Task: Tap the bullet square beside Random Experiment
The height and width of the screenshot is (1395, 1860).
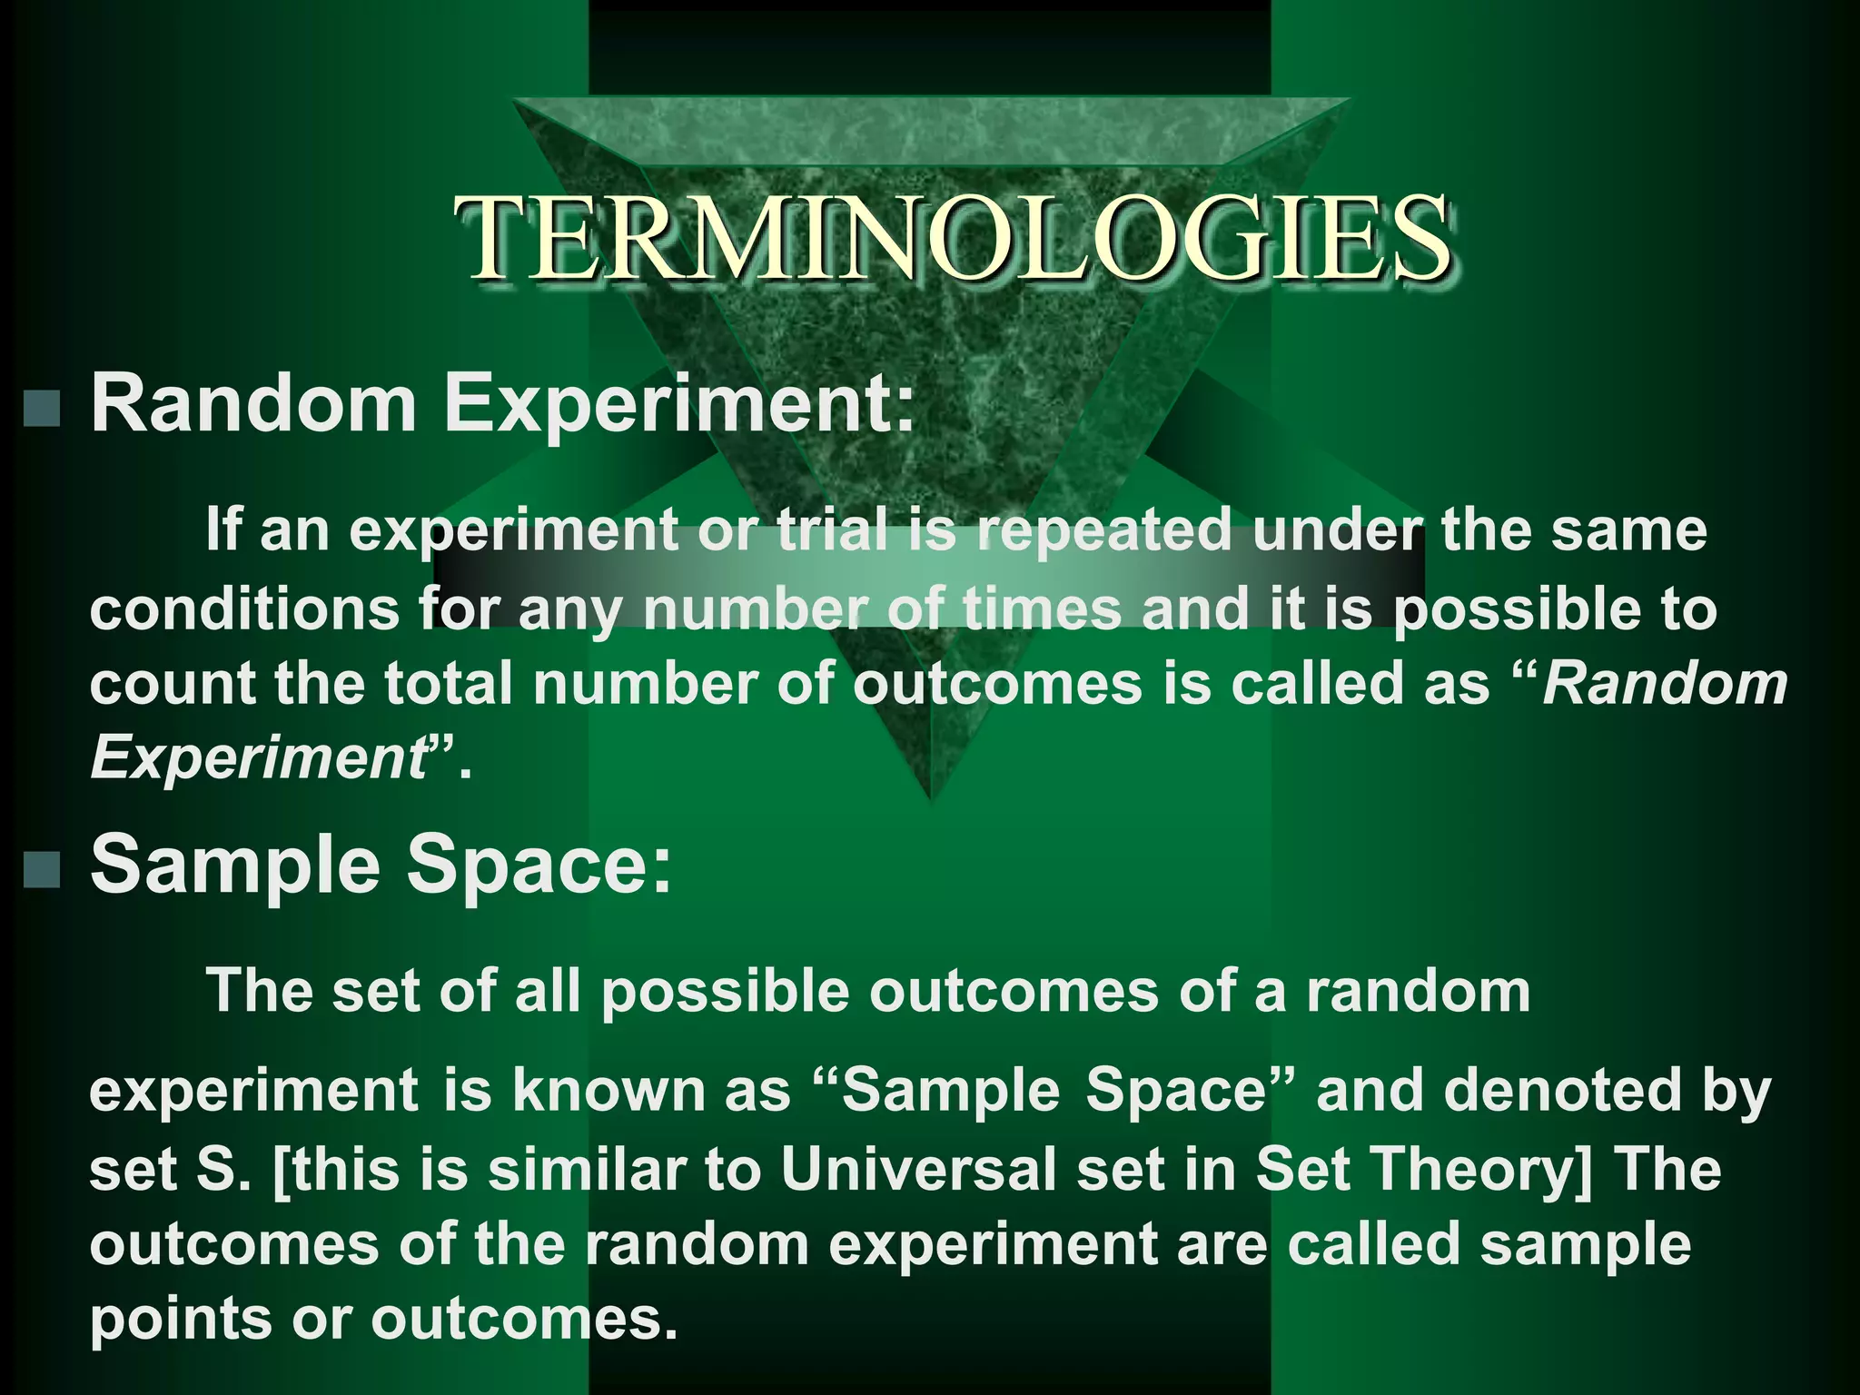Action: [42, 408]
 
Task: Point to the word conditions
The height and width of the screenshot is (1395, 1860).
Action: [244, 608]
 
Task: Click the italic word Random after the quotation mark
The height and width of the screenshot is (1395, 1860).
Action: [1665, 684]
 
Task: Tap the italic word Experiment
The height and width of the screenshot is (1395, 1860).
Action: [257, 759]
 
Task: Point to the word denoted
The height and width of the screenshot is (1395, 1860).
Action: [1563, 1093]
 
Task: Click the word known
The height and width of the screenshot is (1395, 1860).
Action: [608, 1093]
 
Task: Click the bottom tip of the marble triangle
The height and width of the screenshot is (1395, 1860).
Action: [929, 796]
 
